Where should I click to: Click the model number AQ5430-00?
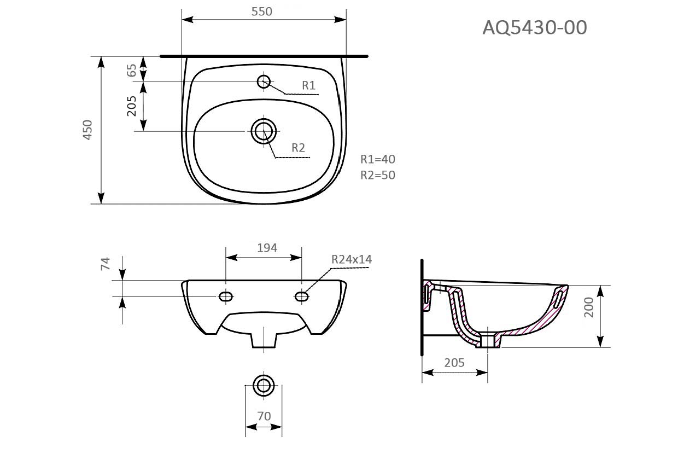pos(534,27)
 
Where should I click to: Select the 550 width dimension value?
pos(262,11)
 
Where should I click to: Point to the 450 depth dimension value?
pos(87,130)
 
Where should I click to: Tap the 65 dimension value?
pos(132,70)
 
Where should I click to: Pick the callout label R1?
pos(309,85)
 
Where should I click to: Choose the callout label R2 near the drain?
pos(298,148)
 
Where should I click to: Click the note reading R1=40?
pos(377,159)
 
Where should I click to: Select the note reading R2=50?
pos(377,175)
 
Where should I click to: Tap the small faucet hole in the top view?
pos(264,82)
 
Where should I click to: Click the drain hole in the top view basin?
pos(264,131)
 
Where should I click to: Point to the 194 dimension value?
pos(267,248)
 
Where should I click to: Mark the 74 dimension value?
pos(106,264)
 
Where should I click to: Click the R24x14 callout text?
pos(351,259)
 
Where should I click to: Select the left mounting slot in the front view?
pos(225,296)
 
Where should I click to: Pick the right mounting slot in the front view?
pos(301,296)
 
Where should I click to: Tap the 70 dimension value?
pos(264,416)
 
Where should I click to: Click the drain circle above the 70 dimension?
pos(264,385)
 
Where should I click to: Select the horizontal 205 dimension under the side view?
pos(454,362)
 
